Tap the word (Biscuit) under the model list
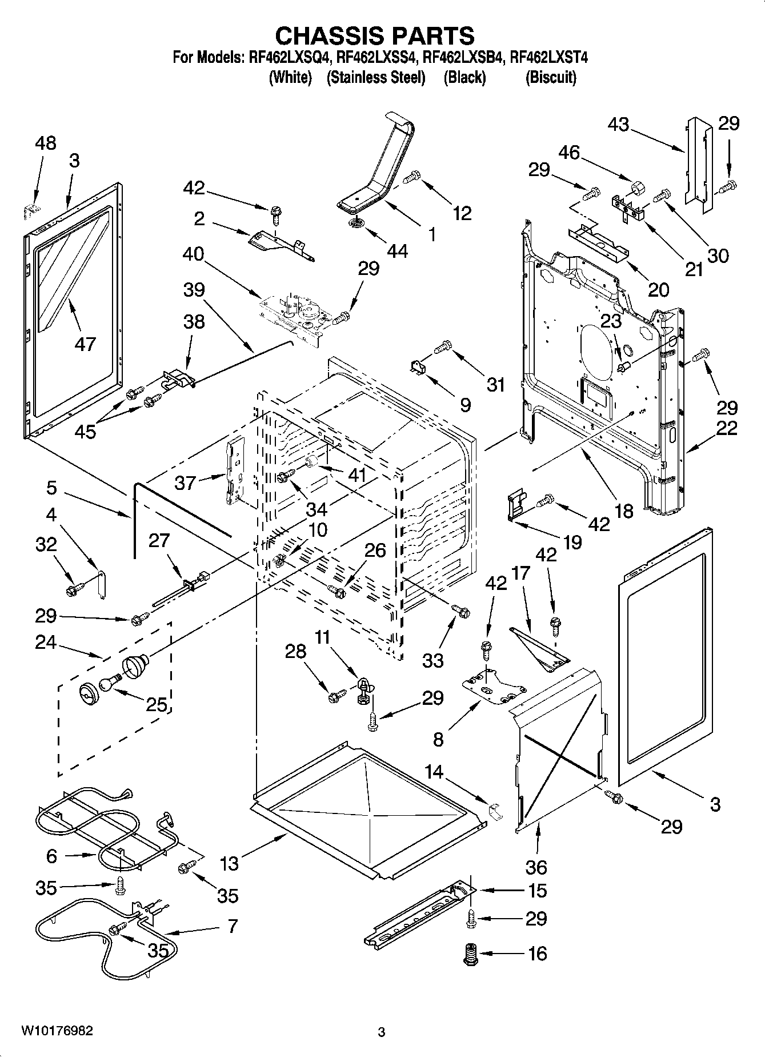click(550, 77)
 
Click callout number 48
click(46, 143)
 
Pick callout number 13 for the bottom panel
click(229, 863)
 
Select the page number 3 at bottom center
click(382, 1032)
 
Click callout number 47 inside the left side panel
click(85, 344)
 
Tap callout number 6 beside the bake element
click(52, 856)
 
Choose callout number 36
click(536, 867)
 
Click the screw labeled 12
click(411, 177)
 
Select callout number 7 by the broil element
click(232, 926)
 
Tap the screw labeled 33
click(460, 611)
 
